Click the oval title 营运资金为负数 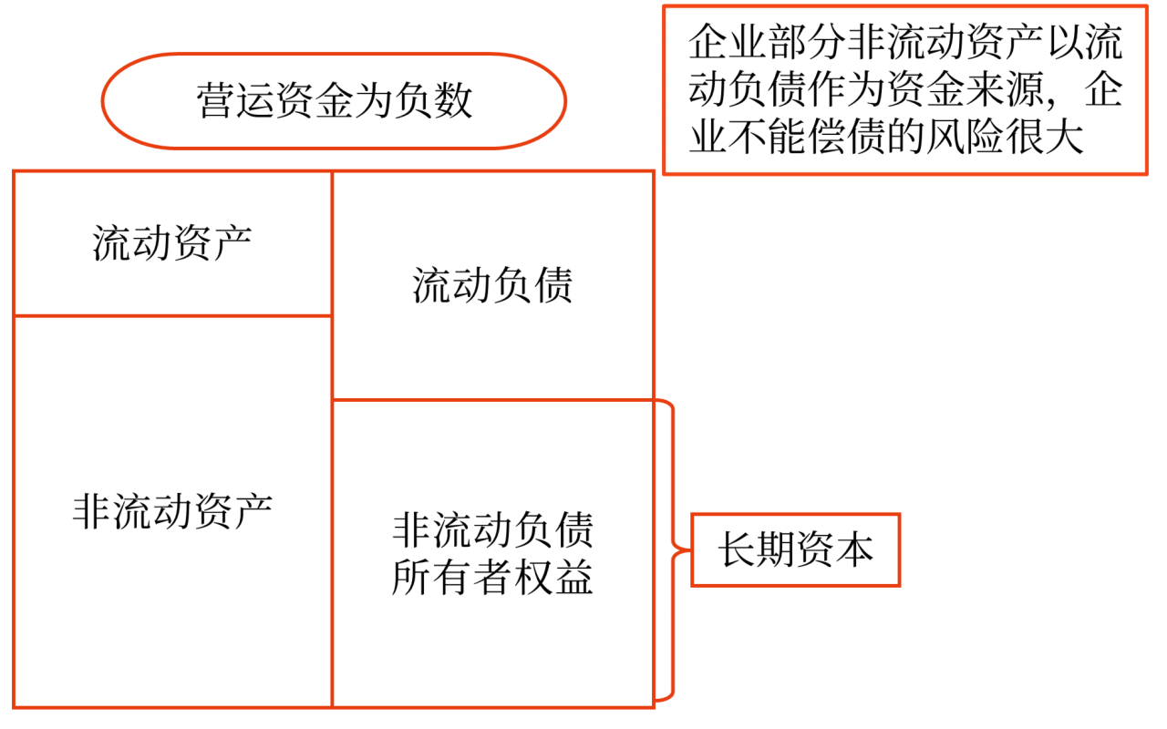pos(334,100)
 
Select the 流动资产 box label pos(172,243)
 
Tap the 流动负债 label pos(492,285)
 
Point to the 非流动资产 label pos(172,511)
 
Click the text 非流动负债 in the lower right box pos(492,529)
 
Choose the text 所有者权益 pos(492,578)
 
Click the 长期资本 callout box pos(796,550)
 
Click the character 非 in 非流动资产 pos(91,511)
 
